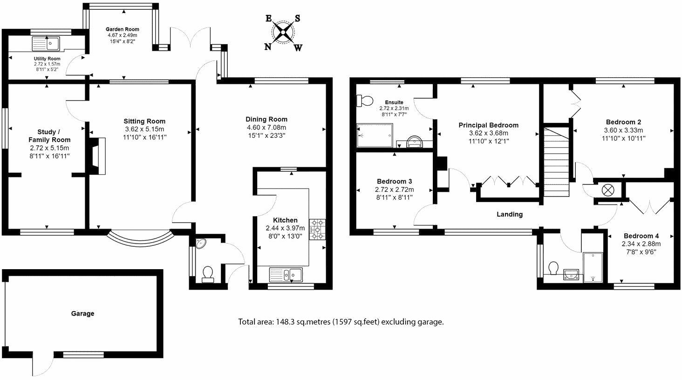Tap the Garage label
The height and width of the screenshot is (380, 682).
82,313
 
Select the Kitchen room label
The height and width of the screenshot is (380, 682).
285,220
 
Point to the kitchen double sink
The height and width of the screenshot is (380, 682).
286,275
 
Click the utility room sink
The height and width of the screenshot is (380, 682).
45,44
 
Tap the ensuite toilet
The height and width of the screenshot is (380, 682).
364,101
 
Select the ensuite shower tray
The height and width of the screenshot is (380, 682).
375,135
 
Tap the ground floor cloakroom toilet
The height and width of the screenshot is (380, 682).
207,273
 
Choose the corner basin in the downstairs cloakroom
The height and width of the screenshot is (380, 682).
202,244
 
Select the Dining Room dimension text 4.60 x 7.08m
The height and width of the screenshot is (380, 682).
266,128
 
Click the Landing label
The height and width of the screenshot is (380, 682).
509,214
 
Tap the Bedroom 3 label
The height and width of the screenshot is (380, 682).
394,181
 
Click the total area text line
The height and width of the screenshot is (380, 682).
341,322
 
